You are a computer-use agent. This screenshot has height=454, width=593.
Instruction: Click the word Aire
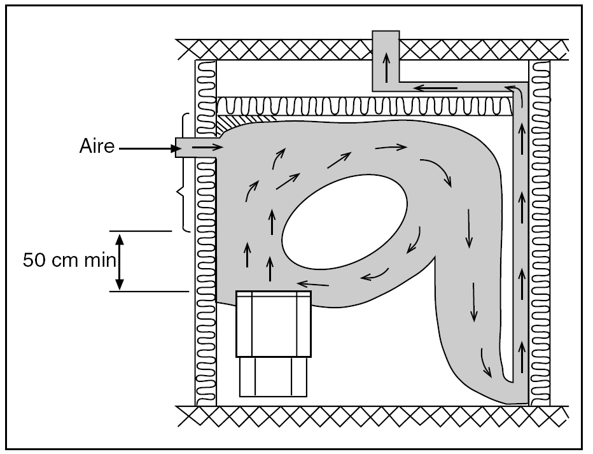click(x=97, y=146)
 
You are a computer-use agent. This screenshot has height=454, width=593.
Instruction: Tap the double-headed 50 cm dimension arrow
click(x=119, y=261)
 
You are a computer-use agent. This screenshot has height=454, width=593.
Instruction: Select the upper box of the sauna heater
click(x=274, y=323)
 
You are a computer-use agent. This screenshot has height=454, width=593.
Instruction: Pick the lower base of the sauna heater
click(x=273, y=377)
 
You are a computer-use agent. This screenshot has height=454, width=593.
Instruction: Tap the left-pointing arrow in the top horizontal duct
click(x=432, y=87)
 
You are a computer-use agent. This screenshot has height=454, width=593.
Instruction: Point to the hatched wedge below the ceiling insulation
click(x=245, y=118)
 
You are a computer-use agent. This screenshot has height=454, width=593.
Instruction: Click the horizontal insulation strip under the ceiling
click(x=363, y=105)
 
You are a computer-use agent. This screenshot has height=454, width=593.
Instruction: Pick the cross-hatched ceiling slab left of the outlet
click(x=274, y=48)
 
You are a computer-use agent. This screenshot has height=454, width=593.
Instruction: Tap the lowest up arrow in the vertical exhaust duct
click(x=522, y=357)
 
